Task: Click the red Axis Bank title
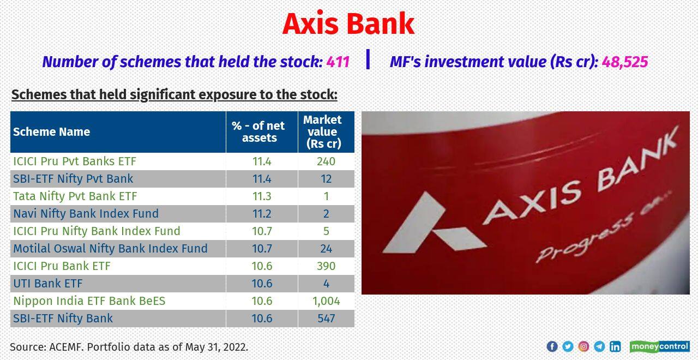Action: point(348,24)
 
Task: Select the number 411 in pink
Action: point(338,62)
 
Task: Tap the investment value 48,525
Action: point(625,62)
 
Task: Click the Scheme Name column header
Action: point(52,132)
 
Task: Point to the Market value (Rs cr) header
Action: point(326,132)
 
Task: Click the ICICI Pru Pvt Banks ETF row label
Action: point(75,161)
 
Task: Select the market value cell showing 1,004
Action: point(326,301)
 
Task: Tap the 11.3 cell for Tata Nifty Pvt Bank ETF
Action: point(261,196)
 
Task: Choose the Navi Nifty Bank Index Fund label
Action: point(86,214)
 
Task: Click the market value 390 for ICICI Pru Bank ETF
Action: point(326,266)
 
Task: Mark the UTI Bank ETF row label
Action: point(48,284)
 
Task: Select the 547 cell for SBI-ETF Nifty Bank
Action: point(326,319)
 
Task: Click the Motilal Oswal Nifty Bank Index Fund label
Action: point(110,249)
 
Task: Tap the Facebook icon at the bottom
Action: point(552,346)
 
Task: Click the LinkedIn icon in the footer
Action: point(615,346)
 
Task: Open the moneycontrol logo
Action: point(659,346)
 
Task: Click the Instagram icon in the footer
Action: point(583,346)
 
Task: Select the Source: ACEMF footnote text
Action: point(129,347)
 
